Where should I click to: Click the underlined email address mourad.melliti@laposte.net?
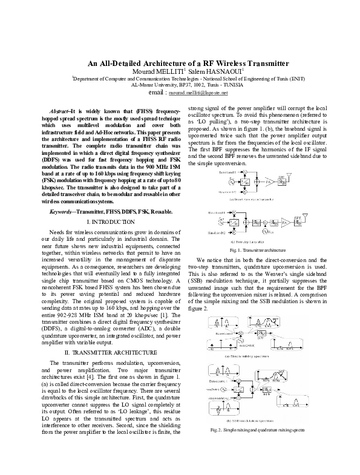[198, 94]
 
